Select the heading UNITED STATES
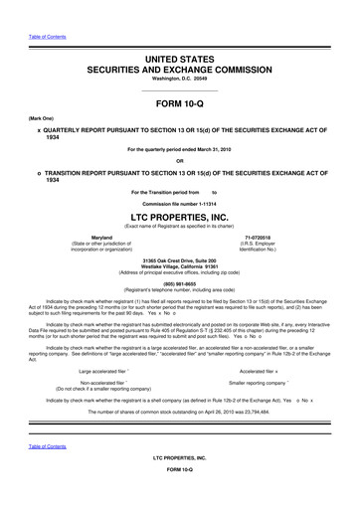click(179, 62)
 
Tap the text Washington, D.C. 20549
click(179, 82)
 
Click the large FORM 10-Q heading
click(179, 108)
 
